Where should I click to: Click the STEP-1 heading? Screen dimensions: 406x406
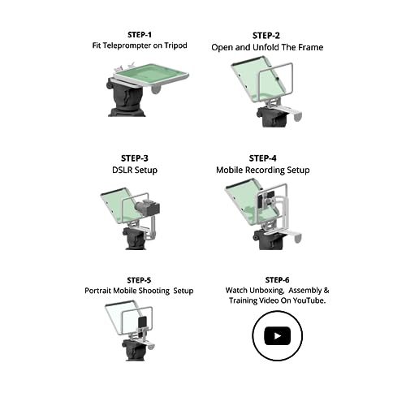coord(140,35)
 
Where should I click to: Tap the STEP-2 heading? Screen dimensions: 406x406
coord(266,36)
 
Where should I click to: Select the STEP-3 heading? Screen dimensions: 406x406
coord(135,158)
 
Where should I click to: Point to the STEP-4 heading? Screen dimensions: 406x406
coord(262,158)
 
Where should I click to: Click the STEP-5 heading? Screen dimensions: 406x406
coord(139,280)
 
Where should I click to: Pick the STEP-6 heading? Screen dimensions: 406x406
coord(277,280)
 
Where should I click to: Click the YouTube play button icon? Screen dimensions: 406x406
coord(277,336)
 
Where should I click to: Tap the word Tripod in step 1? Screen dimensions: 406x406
coord(175,45)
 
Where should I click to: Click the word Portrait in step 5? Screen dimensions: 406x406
coord(98,291)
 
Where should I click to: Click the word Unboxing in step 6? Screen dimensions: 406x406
coord(266,291)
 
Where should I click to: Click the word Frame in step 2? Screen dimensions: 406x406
coord(311,47)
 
